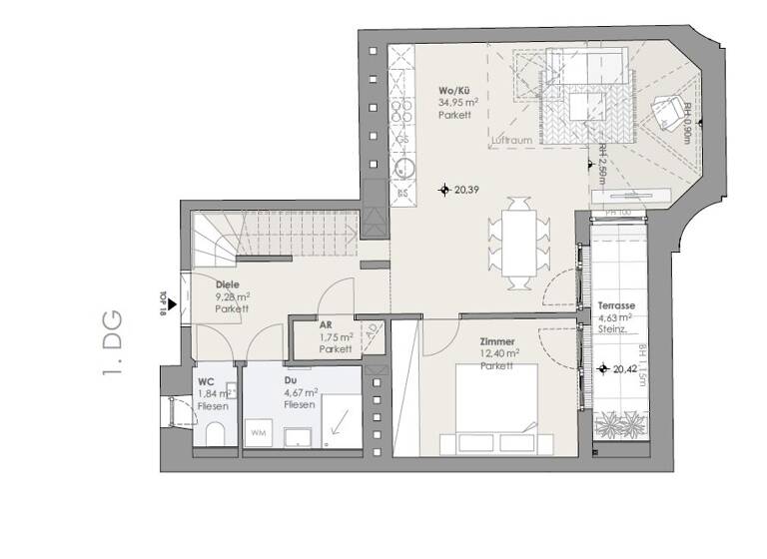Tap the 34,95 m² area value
click(x=455, y=102)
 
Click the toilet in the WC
click(x=214, y=434)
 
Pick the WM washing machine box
click(x=258, y=432)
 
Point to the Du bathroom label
click(x=289, y=380)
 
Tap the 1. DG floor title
click(x=113, y=345)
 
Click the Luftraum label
click(x=511, y=141)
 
